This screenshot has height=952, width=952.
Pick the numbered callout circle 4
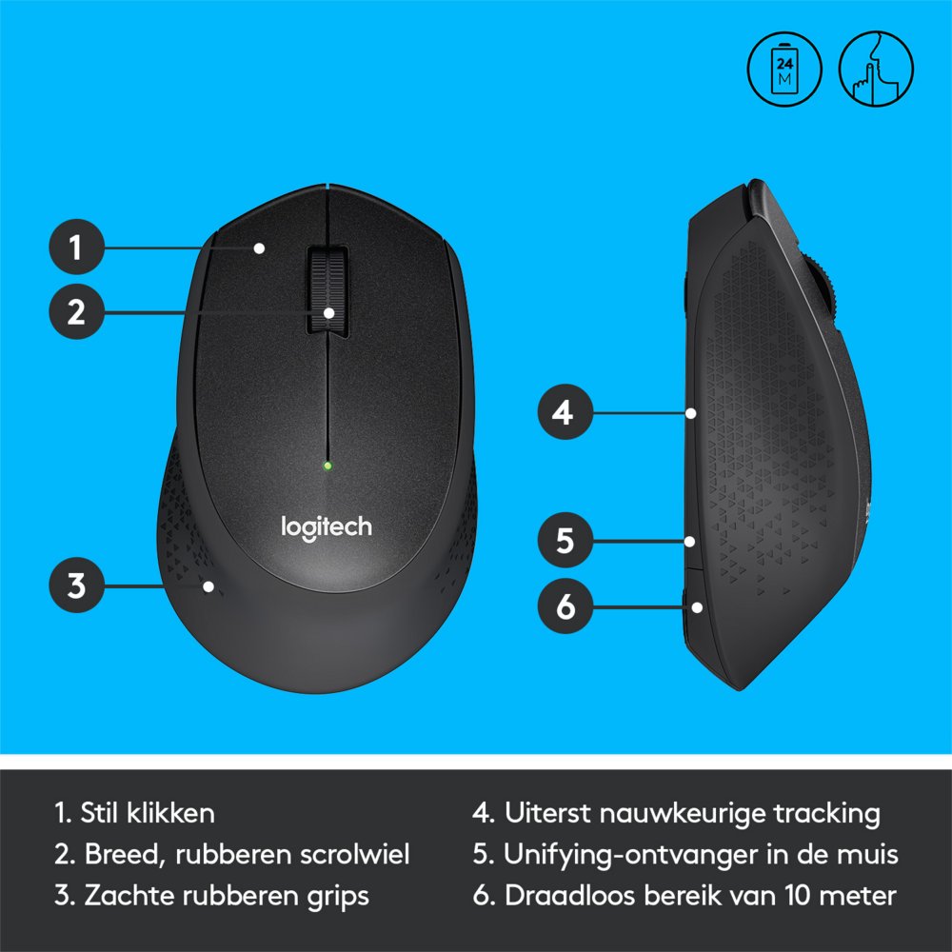565,413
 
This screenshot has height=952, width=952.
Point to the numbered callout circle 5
565,541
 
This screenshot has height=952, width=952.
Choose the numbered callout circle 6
565,606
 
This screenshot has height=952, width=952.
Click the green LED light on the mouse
327,466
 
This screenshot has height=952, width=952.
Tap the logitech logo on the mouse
326,526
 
